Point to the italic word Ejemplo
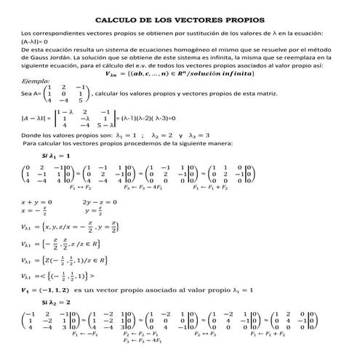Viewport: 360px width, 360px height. click(36, 81)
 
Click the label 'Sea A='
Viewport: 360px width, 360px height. click(32, 93)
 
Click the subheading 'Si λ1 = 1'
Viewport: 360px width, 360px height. click(56, 156)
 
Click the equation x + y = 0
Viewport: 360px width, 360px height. click(37, 201)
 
